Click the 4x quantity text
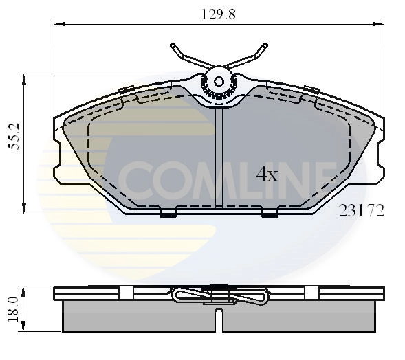pos(266,175)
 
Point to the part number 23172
pos(360,211)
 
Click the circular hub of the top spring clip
pos(219,81)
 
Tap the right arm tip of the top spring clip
pos(264,47)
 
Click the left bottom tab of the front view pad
pos(168,213)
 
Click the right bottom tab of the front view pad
pos(270,213)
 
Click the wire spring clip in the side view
pos(219,296)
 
